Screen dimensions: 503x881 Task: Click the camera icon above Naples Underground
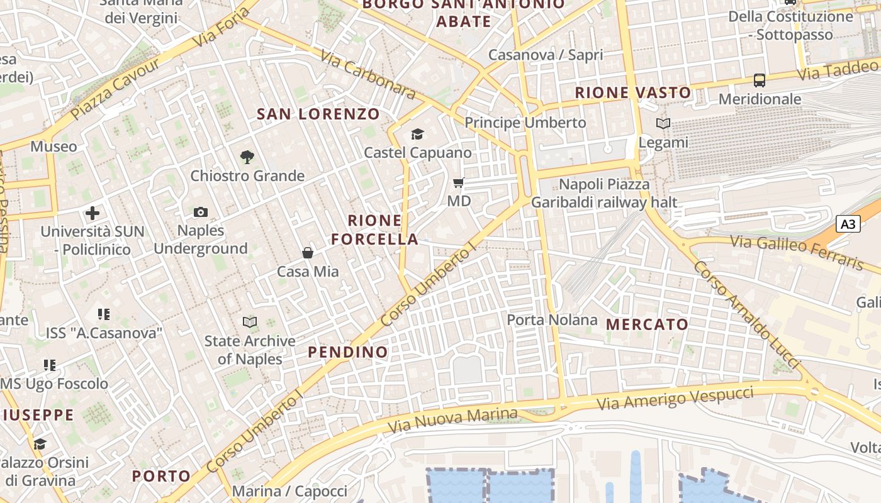coord(201,213)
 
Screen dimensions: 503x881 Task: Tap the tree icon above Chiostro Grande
coord(247,157)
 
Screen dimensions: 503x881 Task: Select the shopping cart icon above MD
coord(459,183)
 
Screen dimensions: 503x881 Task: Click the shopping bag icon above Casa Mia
coord(308,253)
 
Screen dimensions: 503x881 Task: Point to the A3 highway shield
coord(848,224)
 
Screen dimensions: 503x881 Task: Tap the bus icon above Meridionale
coord(760,80)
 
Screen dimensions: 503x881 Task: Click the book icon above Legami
coord(663,123)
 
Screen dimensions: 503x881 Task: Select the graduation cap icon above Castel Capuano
coord(417,134)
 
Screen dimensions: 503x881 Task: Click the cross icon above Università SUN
coord(93,213)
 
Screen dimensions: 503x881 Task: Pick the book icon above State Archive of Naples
coord(250,323)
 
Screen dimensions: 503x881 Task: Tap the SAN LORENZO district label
coord(318,114)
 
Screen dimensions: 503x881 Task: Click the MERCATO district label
coord(647,324)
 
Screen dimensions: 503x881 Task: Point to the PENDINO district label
coord(348,351)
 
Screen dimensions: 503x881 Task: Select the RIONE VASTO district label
coord(633,92)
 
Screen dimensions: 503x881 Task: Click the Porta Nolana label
coord(552,319)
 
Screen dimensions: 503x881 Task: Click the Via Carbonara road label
coord(368,74)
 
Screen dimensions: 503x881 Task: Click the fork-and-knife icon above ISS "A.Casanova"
coord(104,314)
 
